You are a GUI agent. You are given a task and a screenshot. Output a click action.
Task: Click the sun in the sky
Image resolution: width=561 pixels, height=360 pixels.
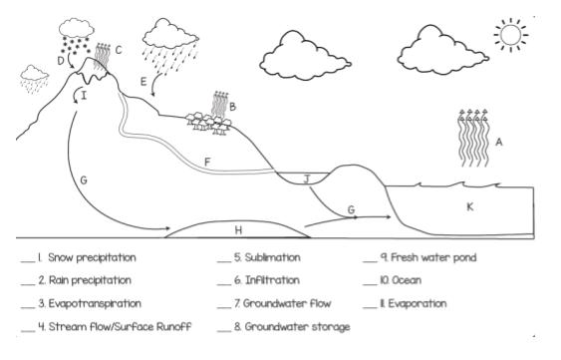pyautogui.click(x=510, y=35)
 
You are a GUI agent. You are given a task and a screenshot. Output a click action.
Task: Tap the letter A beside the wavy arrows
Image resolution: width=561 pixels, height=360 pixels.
pyautogui.click(x=499, y=143)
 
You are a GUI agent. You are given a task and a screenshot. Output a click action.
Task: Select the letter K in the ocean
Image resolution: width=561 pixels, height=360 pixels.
pyautogui.click(x=470, y=206)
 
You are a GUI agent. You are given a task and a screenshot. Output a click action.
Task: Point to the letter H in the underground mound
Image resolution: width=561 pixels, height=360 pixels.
pyautogui.click(x=238, y=230)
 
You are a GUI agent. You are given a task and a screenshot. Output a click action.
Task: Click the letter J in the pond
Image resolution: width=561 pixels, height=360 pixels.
pyautogui.click(x=307, y=179)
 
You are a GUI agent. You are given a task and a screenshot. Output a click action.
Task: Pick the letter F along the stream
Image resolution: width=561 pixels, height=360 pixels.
pyautogui.click(x=207, y=163)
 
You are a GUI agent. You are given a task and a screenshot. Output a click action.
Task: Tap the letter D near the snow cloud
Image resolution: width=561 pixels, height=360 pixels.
pyautogui.click(x=61, y=61)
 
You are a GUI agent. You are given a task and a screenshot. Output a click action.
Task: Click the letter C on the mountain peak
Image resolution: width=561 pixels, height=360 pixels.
pyautogui.click(x=119, y=50)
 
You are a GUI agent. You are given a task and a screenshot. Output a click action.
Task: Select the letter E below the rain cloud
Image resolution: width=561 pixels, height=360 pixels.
pyautogui.click(x=143, y=82)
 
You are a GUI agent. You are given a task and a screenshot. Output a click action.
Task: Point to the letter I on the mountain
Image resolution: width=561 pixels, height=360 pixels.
pyautogui.click(x=84, y=96)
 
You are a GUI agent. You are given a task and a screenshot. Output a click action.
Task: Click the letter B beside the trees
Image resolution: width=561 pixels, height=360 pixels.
pyautogui.click(x=232, y=107)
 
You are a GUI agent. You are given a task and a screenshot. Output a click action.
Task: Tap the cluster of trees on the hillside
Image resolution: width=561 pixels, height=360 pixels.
pyautogui.click(x=208, y=123)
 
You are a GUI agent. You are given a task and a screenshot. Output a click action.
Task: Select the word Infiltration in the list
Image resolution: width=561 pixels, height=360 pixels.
pyautogui.click(x=272, y=280)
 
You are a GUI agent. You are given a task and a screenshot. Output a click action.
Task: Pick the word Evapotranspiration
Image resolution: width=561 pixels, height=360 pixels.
pyautogui.click(x=95, y=304)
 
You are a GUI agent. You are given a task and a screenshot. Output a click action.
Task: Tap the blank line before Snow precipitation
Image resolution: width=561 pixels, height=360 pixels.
pyautogui.click(x=28, y=262)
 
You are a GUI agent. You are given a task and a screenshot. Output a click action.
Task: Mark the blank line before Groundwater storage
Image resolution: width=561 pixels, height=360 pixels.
pyautogui.click(x=224, y=331)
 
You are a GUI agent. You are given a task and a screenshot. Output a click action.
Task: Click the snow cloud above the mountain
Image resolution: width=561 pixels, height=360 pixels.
pyautogui.click(x=76, y=28)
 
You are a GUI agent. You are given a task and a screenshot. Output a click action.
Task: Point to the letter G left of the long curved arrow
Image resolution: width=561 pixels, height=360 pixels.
pyautogui.click(x=84, y=180)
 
